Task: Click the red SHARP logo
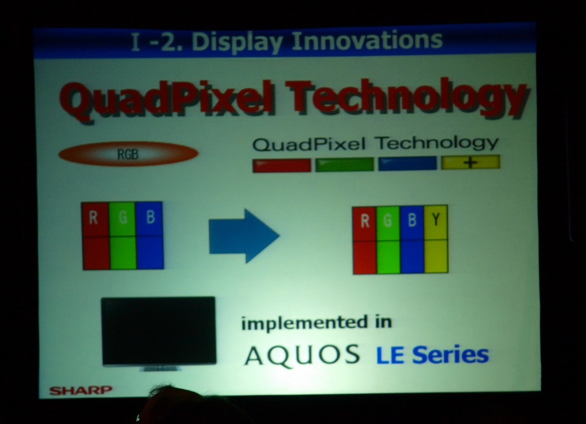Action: coord(80,390)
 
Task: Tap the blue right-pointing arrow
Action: coord(244,236)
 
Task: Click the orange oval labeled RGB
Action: coord(128,154)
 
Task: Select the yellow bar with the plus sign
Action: coord(471,163)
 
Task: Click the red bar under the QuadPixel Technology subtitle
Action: coord(282,165)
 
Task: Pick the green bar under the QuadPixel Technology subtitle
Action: coord(345,164)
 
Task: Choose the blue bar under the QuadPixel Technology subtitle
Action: coord(408,164)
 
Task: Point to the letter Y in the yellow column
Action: coord(436,220)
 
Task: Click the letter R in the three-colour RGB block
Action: coord(93,217)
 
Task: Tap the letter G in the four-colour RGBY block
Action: coord(388,220)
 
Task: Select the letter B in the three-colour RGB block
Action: coord(150,217)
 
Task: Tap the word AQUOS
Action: coord(302,355)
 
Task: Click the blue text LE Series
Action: coord(432,355)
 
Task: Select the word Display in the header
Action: coord(237,41)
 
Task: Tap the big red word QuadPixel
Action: coord(167,102)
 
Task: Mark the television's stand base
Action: coord(160,368)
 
